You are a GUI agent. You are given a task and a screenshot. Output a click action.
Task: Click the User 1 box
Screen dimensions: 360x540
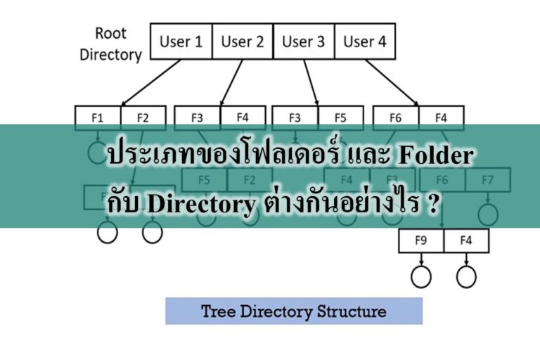181,41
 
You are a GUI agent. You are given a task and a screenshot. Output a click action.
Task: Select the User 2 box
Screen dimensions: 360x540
242,41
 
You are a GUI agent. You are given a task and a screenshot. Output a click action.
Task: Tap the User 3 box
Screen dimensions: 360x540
303,41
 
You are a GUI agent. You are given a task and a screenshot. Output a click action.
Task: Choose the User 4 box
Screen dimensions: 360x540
364,41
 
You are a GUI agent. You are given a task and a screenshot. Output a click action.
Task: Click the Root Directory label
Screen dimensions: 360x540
110,43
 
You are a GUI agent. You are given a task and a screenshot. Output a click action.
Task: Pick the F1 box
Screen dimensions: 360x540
97,117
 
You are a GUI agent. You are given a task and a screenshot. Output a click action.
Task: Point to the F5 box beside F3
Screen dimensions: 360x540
340,117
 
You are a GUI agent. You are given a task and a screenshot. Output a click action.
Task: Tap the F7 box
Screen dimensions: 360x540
487,179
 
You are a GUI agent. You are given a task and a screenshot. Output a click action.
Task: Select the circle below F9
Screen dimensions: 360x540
420,276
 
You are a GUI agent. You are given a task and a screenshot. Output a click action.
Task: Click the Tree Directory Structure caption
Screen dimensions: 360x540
293,311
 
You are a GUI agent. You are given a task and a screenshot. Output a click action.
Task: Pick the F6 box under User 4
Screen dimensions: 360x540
395,117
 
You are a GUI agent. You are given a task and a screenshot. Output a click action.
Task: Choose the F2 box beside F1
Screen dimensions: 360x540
143,117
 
